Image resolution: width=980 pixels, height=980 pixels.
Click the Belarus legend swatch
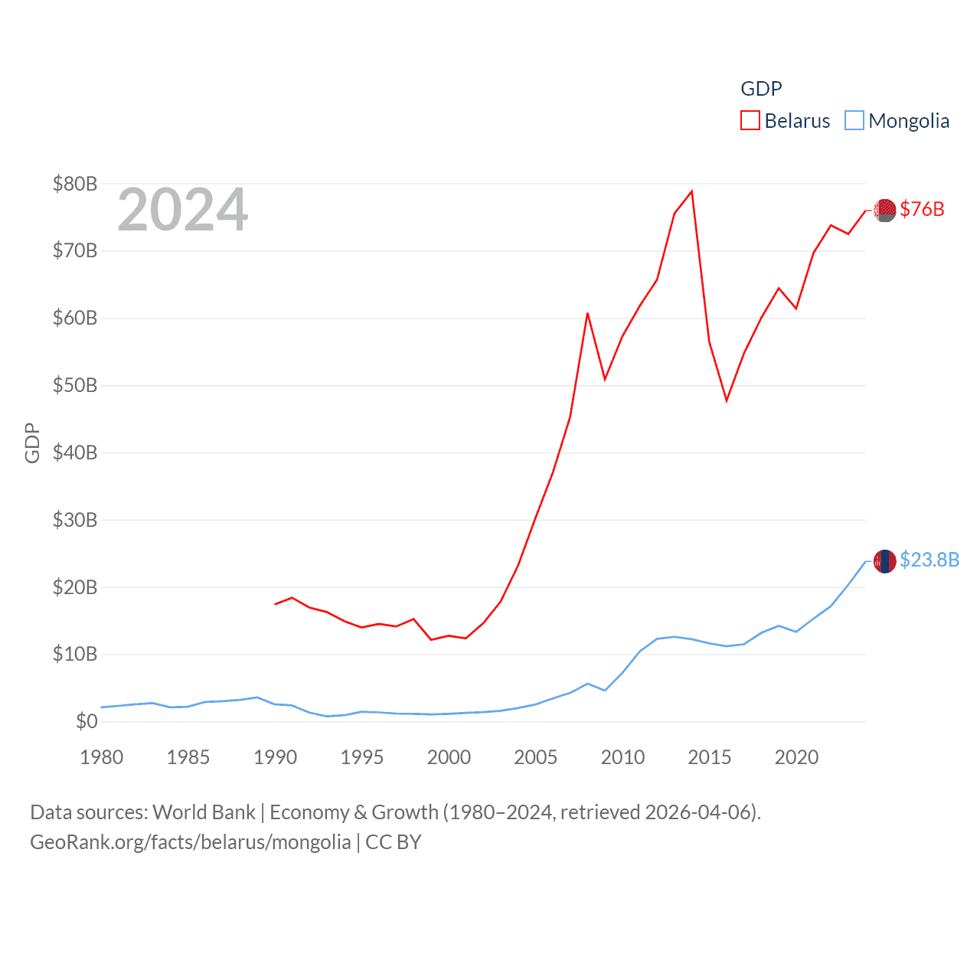pyautogui.click(x=750, y=121)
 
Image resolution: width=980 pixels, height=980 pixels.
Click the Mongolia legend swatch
pyautogui.click(x=854, y=121)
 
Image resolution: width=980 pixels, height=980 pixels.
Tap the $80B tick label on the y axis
pyautogui.click(x=75, y=184)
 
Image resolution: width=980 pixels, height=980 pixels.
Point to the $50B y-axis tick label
pyautogui.click(x=75, y=385)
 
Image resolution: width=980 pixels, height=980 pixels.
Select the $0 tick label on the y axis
pyautogui.click(x=87, y=721)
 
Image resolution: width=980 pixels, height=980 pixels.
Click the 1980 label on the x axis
pyautogui.click(x=102, y=757)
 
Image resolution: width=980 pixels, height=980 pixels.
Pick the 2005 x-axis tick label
pyautogui.click(x=536, y=757)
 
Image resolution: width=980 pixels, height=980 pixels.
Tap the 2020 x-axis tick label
pyautogui.click(x=796, y=757)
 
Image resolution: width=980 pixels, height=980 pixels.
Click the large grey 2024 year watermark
pyautogui.click(x=182, y=210)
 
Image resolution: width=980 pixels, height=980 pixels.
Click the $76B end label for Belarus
pyautogui.click(x=922, y=209)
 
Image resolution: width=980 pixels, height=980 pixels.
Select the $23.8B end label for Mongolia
pyautogui.click(x=929, y=560)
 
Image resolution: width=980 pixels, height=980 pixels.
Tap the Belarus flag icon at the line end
pyautogui.click(x=885, y=210)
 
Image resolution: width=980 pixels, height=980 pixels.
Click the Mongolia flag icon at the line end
pyautogui.click(x=885, y=561)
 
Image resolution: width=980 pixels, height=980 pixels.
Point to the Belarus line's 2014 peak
pyautogui.click(x=692, y=191)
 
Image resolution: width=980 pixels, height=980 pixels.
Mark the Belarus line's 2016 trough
pyautogui.click(x=727, y=400)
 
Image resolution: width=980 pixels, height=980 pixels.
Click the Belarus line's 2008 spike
pyautogui.click(x=587, y=313)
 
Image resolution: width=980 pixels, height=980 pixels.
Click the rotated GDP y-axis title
pyautogui.click(x=32, y=443)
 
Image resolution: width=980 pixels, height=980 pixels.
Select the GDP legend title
pyautogui.click(x=761, y=89)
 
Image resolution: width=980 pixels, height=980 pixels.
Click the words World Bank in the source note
pyautogui.click(x=204, y=812)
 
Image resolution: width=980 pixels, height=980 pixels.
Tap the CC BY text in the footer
pyautogui.click(x=394, y=842)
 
